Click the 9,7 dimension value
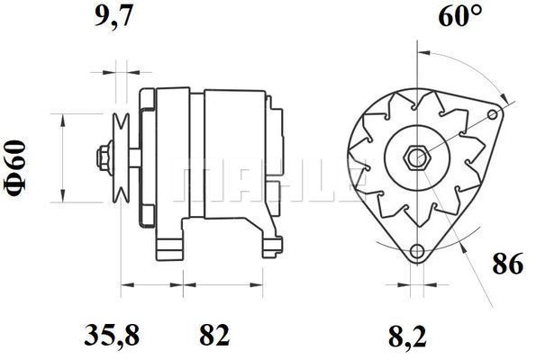pos(114,16)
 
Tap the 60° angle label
pos(460,16)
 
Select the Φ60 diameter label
pos(15,168)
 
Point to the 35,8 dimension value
pos(112,335)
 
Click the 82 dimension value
pos(214,335)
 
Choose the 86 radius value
pos(508,264)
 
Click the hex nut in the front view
pos(415,158)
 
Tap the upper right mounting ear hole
pos(493,114)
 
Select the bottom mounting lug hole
pos(417,251)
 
